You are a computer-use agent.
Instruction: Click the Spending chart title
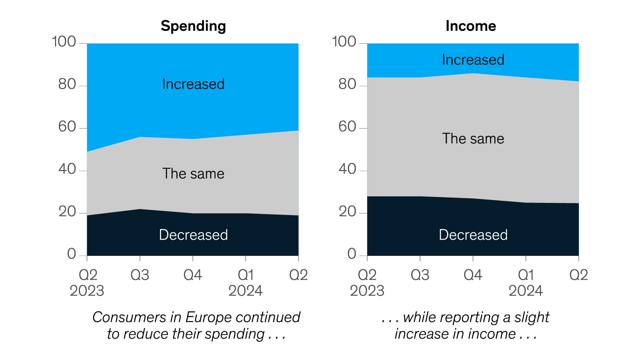tap(193, 26)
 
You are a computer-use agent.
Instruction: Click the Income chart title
tap(471, 26)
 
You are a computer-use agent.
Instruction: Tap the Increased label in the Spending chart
tap(193, 84)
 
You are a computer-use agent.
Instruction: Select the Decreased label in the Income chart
tap(473, 235)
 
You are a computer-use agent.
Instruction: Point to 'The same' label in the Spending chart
tap(193, 174)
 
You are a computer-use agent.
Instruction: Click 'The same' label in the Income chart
tap(473, 139)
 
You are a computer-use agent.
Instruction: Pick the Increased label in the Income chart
tap(473, 60)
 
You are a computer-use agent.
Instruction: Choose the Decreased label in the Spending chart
tap(193, 235)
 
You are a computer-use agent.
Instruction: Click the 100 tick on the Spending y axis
tap(64, 42)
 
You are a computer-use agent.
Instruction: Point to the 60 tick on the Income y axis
tap(347, 127)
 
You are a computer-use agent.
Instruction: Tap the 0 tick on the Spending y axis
tap(72, 254)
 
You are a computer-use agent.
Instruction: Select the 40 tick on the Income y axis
tap(347, 169)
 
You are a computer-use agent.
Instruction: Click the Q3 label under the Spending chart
tap(140, 275)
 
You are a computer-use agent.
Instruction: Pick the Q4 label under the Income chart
tap(473, 275)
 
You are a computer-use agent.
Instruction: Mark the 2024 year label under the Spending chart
tap(245, 291)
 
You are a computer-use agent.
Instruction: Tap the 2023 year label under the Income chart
tap(367, 291)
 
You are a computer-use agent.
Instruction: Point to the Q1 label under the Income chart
tap(526, 275)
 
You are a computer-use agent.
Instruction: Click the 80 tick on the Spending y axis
tap(67, 84)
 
